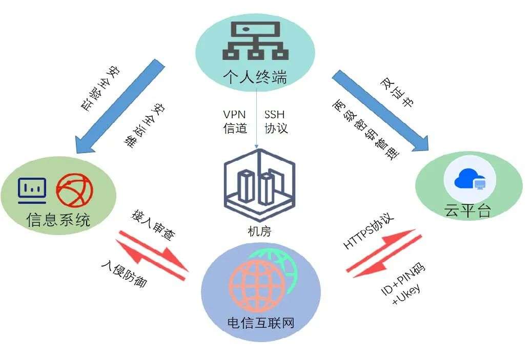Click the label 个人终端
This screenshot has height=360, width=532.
pyautogui.click(x=255, y=77)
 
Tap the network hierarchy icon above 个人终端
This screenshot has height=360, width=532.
pyautogui.click(x=255, y=40)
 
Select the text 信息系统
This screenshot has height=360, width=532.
pyautogui.click(x=58, y=220)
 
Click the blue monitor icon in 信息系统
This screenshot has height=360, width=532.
pyautogui.click(x=32, y=190)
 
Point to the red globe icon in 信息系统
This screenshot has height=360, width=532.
pyautogui.click(x=74, y=190)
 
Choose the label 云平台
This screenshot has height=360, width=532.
pyautogui.click(x=468, y=210)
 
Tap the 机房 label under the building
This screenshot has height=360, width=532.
pyautogui.click(x=259, y=231)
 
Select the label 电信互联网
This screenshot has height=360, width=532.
pyautogui.click(x=260, y=323)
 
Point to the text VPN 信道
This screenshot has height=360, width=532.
pyautogui.click(x=235, y=121)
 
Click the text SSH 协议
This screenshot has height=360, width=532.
pyautogui.click(x=276, y=121)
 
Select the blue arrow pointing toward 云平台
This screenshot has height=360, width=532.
pyautogui.click(x=380, y=110)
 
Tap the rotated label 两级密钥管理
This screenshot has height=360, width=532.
pyautogui.click(x=365, y=129)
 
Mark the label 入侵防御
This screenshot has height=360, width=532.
pyautogui.click(x=124, y=273)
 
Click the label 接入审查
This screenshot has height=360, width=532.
pyautogui.click(x=153, y=225)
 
